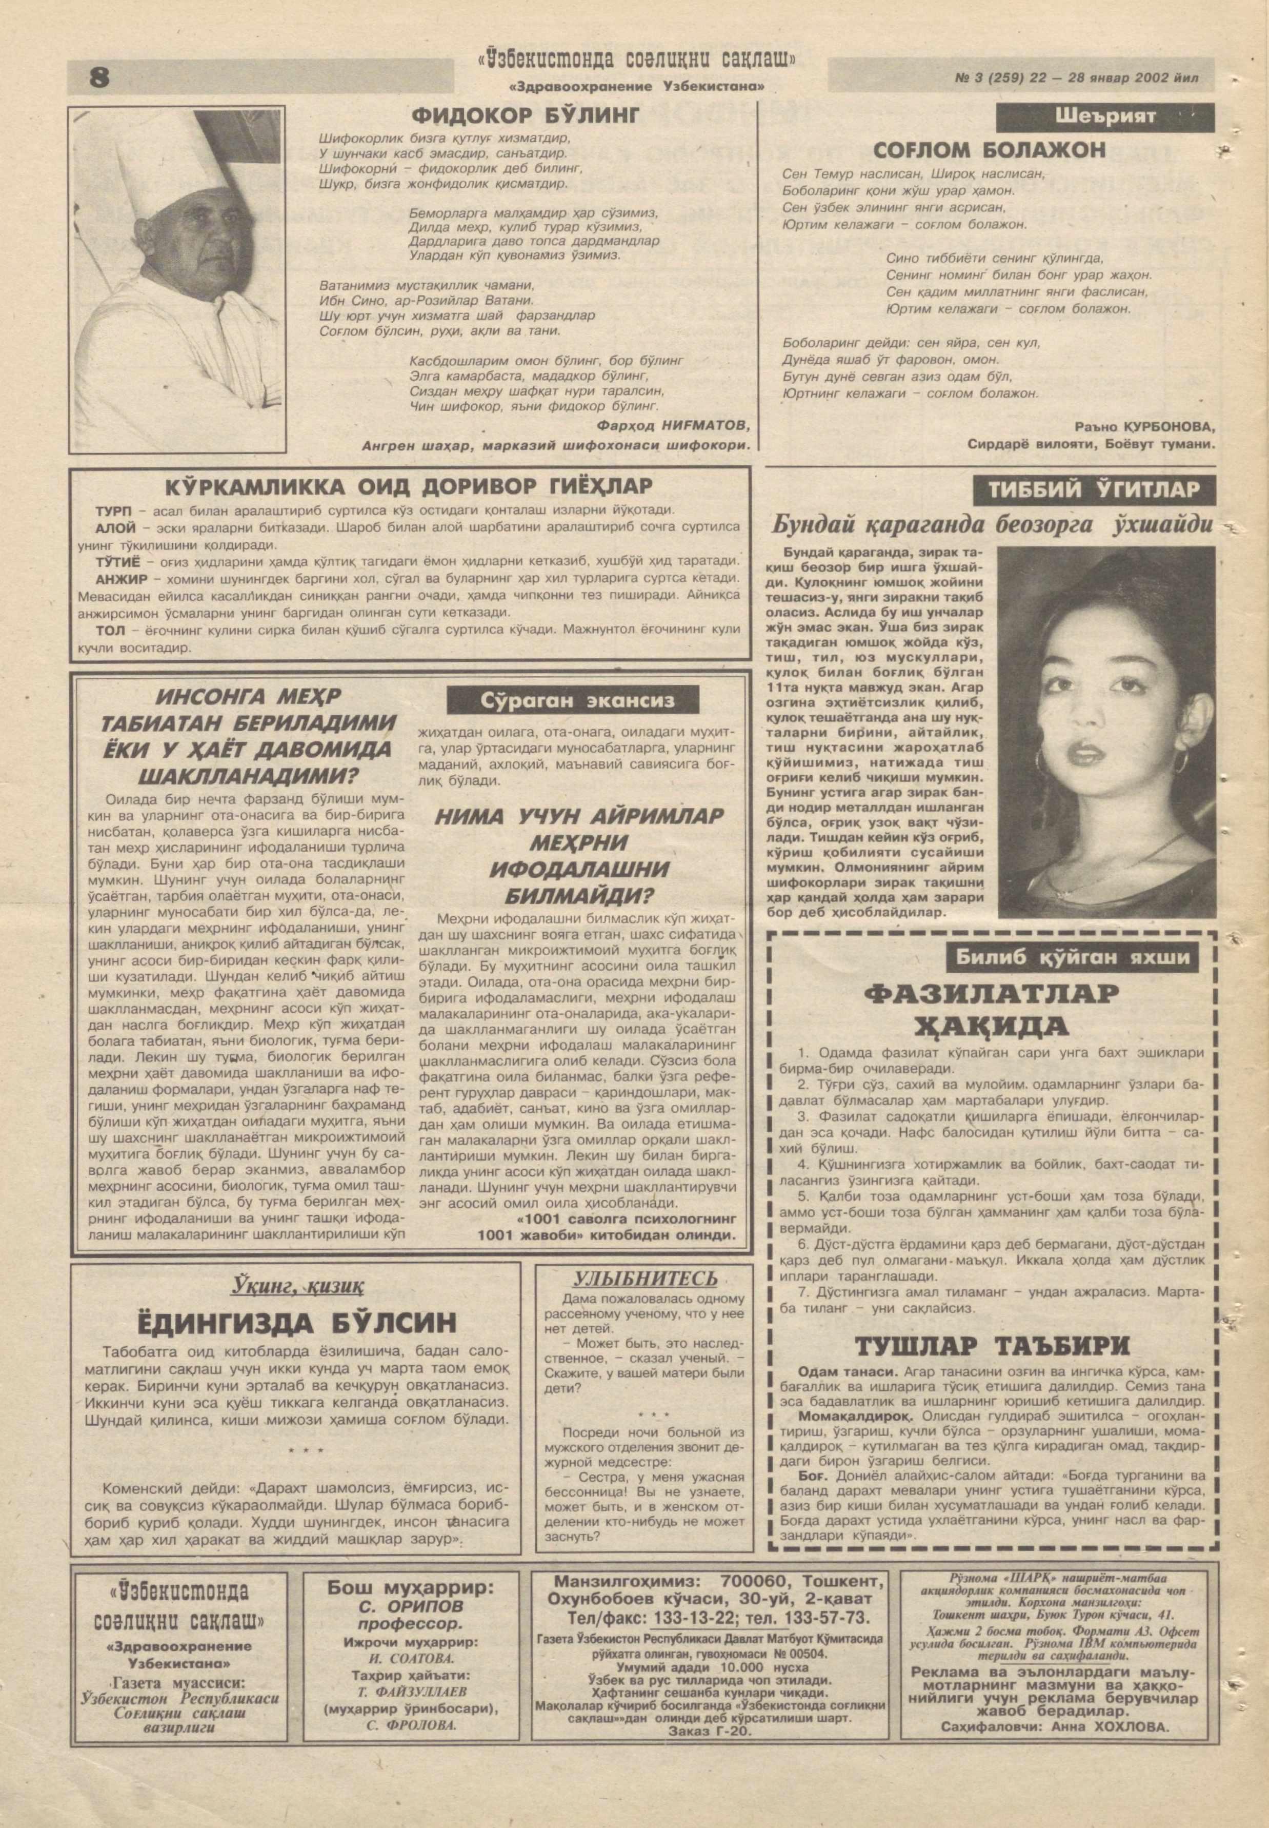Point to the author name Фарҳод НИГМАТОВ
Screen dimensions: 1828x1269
[x=673, y=425]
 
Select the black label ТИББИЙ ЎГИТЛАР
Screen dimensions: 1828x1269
[x=1094, y=489]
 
